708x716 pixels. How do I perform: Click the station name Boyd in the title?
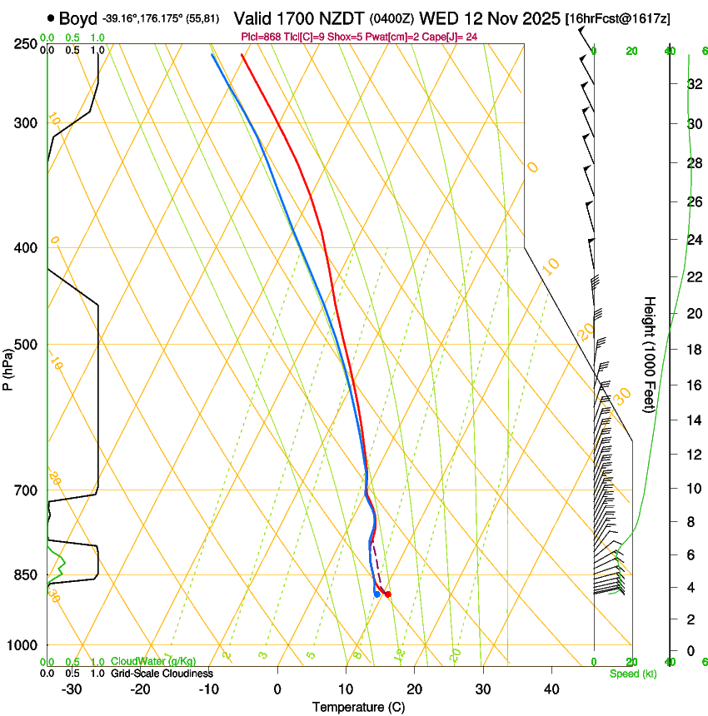[x=77, y=18]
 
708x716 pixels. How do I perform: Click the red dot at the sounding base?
[x=388, y=594]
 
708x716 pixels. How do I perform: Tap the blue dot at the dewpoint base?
[x=377, y=594]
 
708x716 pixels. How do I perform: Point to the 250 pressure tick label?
[x=25, y=44]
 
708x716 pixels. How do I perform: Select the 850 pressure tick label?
[x=25, y=574]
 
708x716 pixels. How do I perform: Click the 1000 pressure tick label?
[x=22, y=645]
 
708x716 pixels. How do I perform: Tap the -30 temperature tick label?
[x=72, y=689]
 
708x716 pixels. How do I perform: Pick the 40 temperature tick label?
[x=551, y=689]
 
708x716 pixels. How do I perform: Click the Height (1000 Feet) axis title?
[x=650, y=354]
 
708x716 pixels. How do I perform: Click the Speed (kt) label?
[x=632, y=674]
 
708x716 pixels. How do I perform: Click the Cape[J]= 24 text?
[x=446, y=37]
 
